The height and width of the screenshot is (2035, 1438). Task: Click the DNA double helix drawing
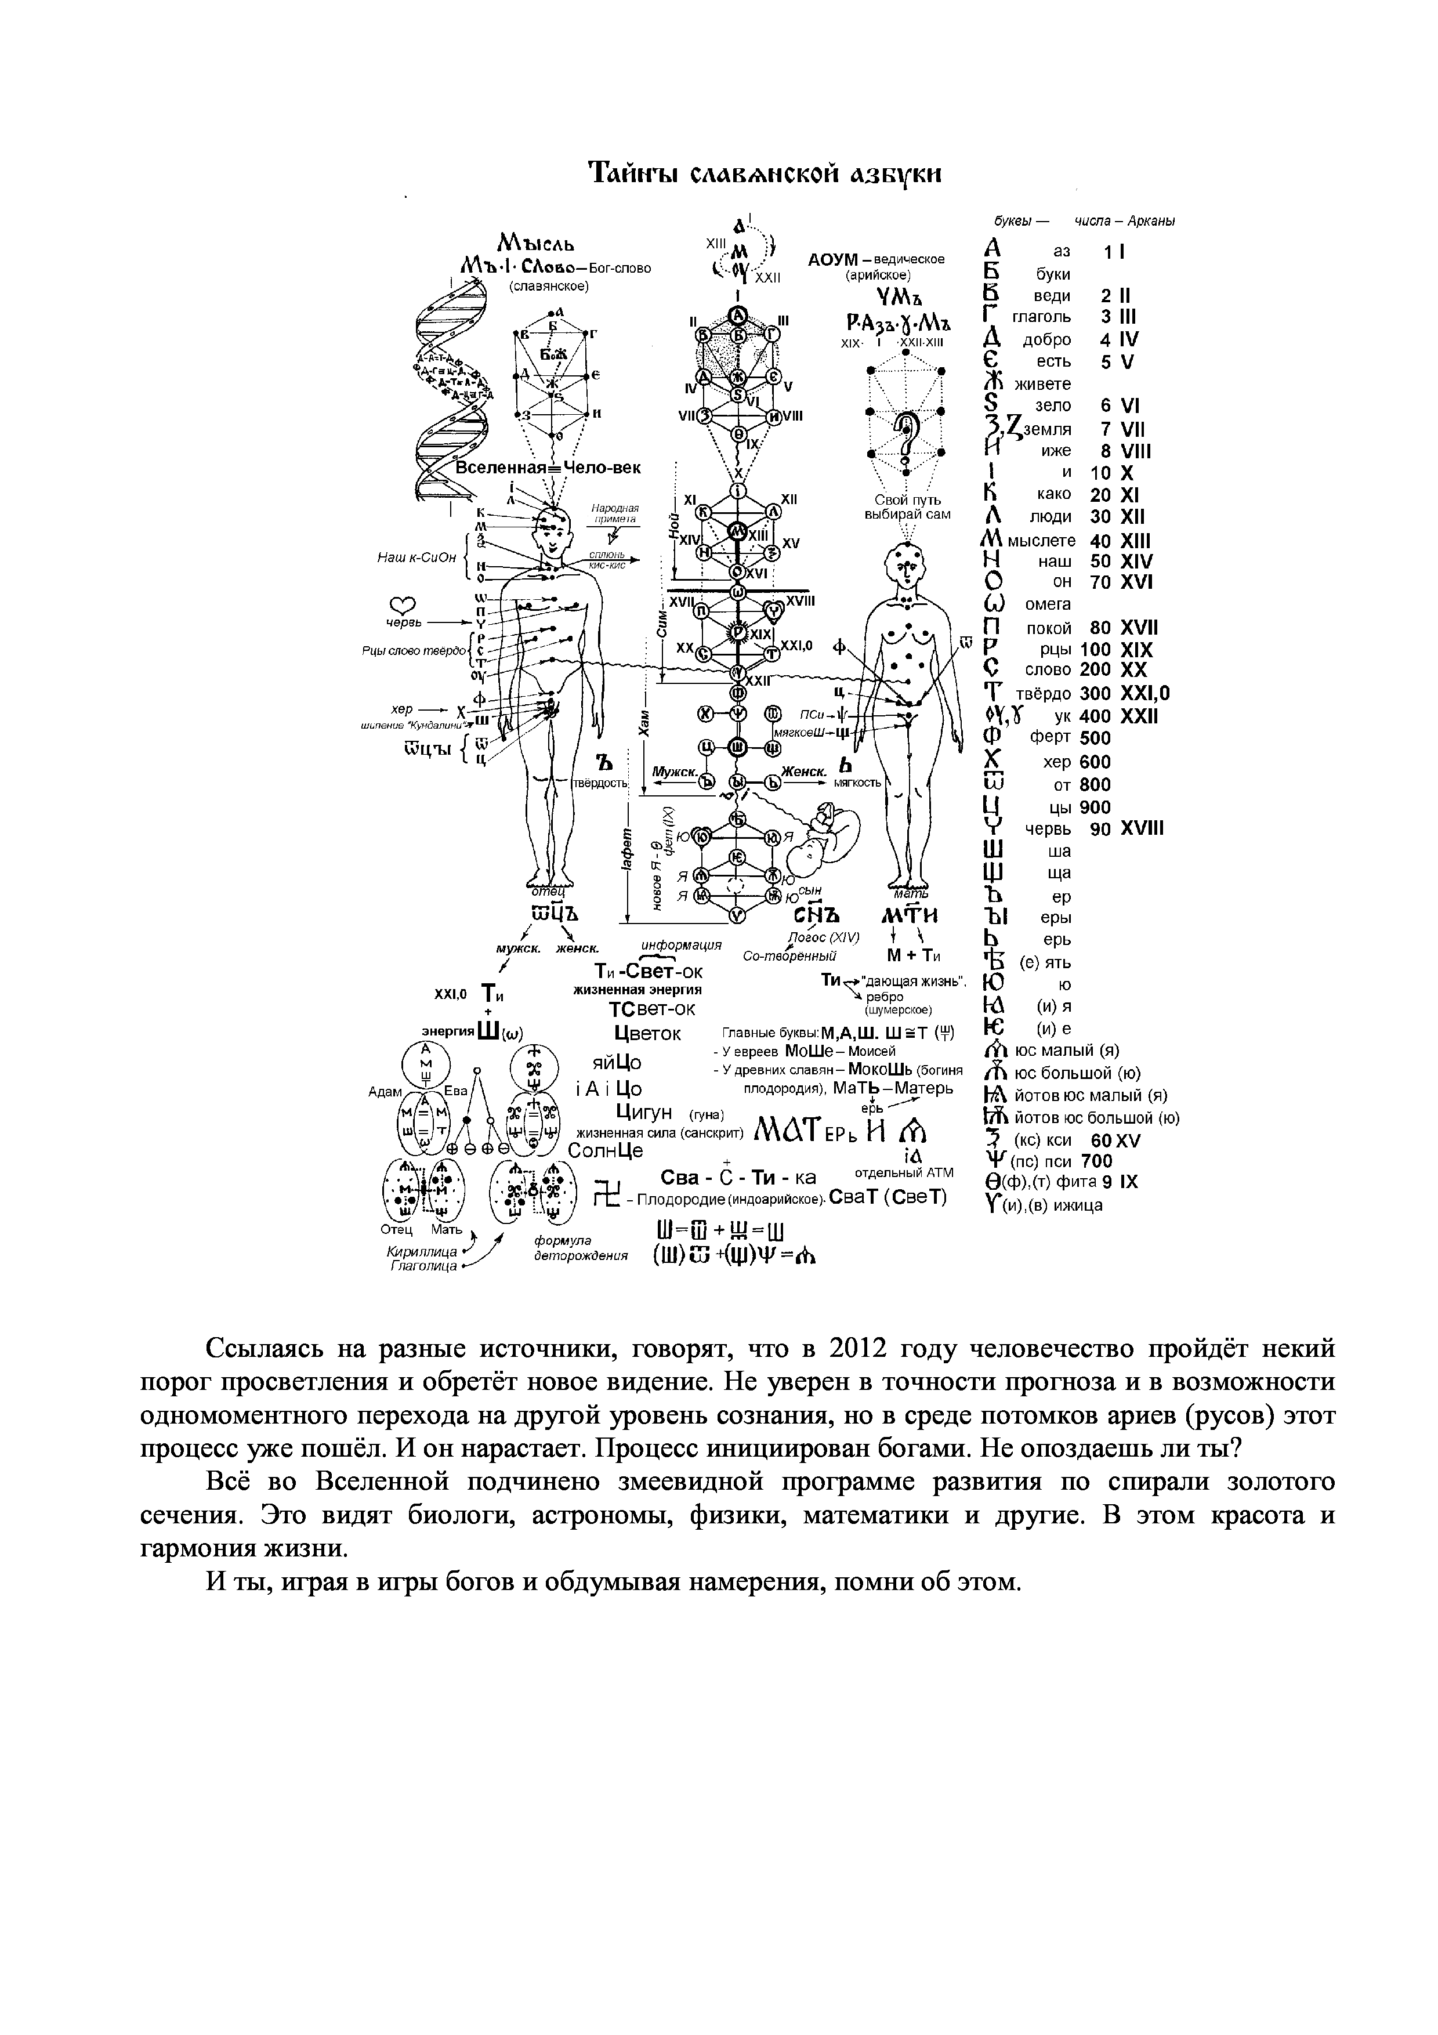(x=452, y=390)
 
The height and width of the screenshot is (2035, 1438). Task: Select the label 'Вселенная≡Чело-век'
(x=548, y=468)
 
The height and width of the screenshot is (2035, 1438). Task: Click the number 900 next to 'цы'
(x=1095, y=806)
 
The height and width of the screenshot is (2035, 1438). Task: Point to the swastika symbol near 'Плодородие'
(x=607, y=1194)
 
